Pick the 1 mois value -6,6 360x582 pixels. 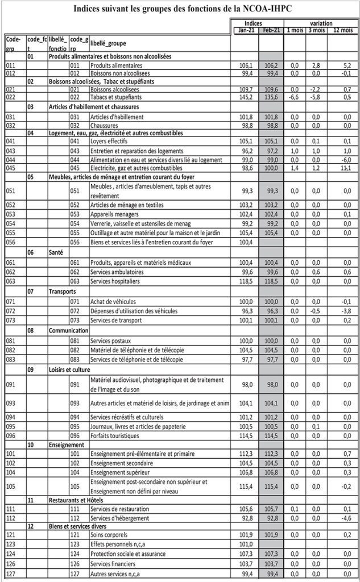pos(294,97)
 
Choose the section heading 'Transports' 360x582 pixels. pos(63,291)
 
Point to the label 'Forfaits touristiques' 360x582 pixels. pos(114,436)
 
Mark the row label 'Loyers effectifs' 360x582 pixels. pos(109,141)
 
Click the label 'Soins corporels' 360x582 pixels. pos(109,535)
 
